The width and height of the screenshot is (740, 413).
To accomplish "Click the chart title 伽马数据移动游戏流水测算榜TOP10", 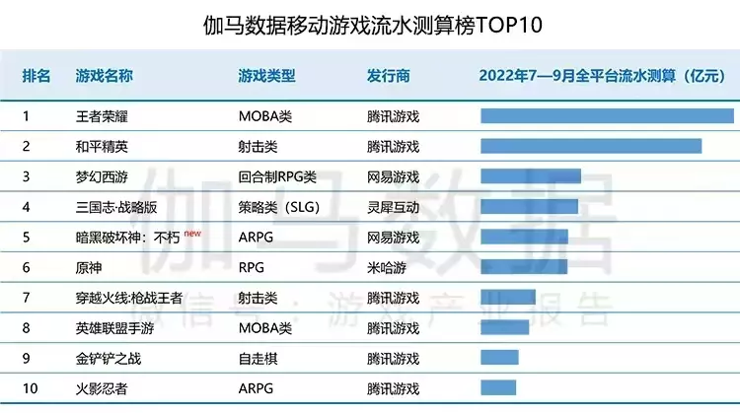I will click(x=370, y=23).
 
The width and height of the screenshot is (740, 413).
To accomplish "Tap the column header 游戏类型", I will click(x=266, y=76).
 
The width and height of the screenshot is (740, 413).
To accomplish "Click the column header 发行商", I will click(x=388, y=76).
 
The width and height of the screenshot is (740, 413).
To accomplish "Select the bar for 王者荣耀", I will click(x=606, y=116).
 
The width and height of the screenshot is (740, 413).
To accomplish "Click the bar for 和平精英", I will click(x=590, y=146).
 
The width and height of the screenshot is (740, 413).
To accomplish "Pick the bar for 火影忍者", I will click(x=498, y=387).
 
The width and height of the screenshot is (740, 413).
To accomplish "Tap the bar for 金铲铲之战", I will click(x=499, y=357).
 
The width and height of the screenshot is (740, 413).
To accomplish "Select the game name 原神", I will click(x=89, y=267).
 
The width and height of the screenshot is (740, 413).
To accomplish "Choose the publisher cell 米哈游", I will click(x=386, y=267).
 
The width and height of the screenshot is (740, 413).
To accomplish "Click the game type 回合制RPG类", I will click(x=277, y=176).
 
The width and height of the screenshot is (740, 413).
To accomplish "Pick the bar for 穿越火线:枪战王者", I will click(x=507, y=297).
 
